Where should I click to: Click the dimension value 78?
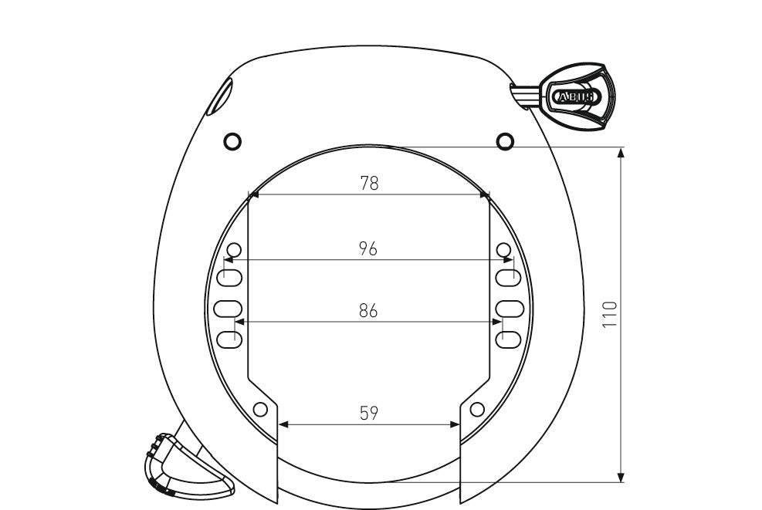click(x=370, y=184)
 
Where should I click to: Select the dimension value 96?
click(x=368, y=249)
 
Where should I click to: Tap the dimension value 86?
click(x=368, y=311)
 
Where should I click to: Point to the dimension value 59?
click(x=369, y=414)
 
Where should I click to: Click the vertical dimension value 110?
click(x=611, y=315)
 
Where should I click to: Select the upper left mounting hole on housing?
click(x=232, y=141)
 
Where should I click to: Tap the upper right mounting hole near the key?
click(x=504, y=140)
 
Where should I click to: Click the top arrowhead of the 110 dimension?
click(x=621, y=152)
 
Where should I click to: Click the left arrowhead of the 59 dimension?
click(x=283, y=424)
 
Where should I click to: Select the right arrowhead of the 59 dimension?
click(x=456, y=424)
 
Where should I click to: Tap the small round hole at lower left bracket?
click(x=261, y=408)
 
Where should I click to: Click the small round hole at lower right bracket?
click(x=477, y=408)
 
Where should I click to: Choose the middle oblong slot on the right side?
click(x=510, y=308)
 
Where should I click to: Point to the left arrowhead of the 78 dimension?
click(x=252, y=195)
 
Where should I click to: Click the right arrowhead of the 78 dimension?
click(x=485, y=195)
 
